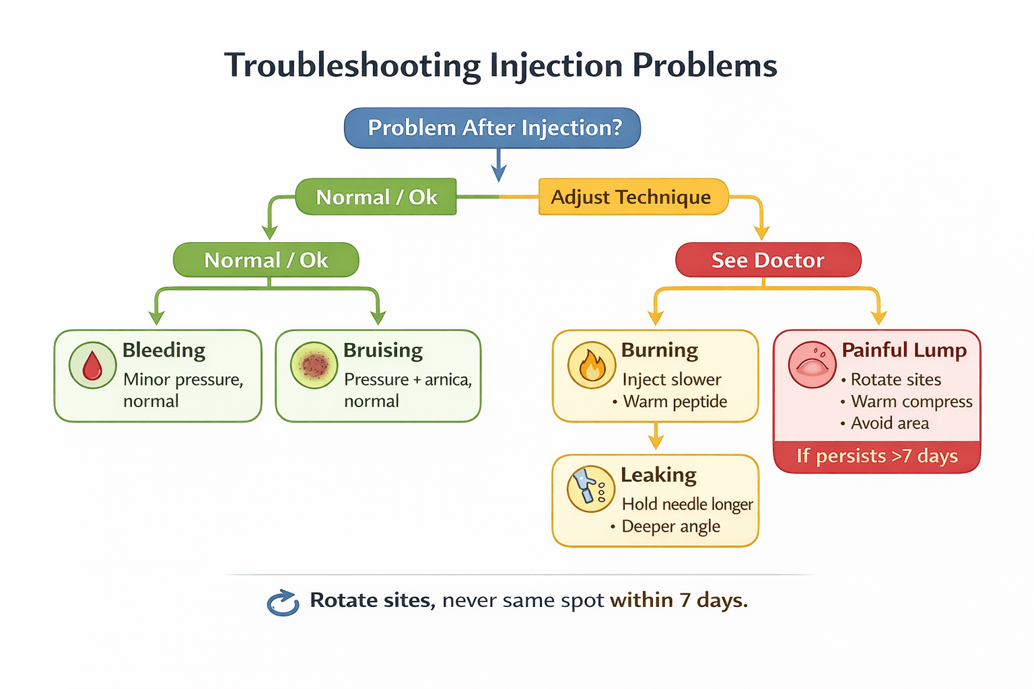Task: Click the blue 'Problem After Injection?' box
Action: [x=492, y=128]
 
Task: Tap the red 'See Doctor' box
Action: [x=768, y=260]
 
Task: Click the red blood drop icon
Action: [x=92, y=365]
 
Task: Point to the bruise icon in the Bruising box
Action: [x=314, y=365]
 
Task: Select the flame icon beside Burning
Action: [x=592, y=365]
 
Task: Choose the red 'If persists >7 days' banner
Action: [x=876, y=456]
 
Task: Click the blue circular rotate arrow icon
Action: [x=283, y=602]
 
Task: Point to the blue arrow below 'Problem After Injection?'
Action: [x=499, y=165]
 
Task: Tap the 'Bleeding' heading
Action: [x=164, y=351]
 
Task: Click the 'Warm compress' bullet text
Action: [x=911, y=402]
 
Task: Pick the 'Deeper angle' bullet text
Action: [x=670, y=527]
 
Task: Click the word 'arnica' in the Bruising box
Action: [x=447, y=380]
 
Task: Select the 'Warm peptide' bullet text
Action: [x=675, y=402]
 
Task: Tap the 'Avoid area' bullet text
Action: [x=889, y=423]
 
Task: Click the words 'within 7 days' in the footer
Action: [x=679, y=600]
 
